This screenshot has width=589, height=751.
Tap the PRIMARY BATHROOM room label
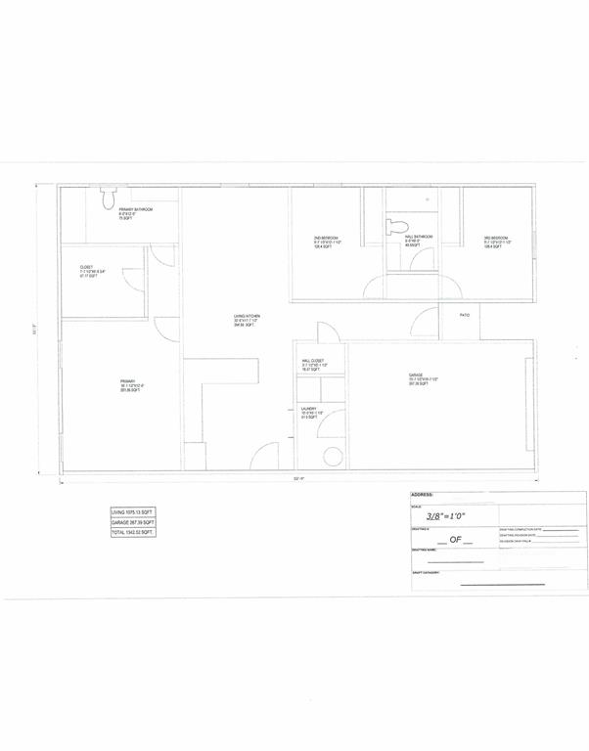pos(134,209)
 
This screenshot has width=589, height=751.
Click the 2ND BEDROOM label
pos(312,239)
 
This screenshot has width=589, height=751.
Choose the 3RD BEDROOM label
pos(495,239)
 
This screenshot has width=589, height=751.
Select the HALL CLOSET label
pos(312,361)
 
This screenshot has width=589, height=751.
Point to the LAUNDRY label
pos(309,410)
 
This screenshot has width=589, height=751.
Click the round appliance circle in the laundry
pos(332,457)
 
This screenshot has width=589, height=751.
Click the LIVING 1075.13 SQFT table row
pos(132,511)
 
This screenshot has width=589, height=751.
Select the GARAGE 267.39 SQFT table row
pos(132,522)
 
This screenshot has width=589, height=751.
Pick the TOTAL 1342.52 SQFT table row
pos(132,533)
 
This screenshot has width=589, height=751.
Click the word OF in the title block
pos(454,539)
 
